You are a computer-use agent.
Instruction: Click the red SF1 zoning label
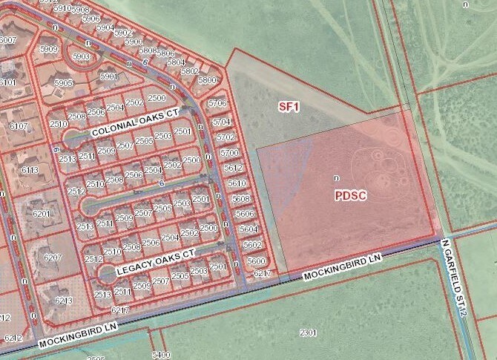point(289,107)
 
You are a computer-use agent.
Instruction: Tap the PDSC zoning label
point(352,195)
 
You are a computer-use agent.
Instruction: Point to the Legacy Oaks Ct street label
point(155,263)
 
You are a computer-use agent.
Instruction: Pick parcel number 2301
point(308,332)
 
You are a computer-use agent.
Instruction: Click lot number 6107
point(19,126)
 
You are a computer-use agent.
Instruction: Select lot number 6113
point(30,170)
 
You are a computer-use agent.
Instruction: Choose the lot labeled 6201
point(42,214)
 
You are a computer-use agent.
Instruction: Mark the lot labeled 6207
point(53,257)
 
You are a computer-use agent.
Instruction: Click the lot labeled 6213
point(63,301)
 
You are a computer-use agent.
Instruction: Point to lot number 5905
point(64,83)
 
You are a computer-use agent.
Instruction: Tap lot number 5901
point(109,76)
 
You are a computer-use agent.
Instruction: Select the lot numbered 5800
point(207,80)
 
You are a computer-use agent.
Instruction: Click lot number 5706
point(217,103)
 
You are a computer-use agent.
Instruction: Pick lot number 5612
point(233,168)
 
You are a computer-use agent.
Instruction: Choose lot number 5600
point(256,261)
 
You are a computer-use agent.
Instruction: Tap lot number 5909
point(49,49)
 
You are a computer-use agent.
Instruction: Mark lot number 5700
point(229,152)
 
